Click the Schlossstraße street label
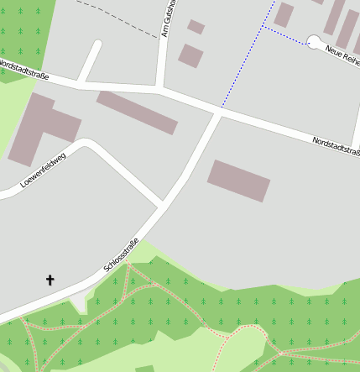click(x=122, y=255)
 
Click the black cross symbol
click(x=50, y=279)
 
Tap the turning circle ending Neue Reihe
click(x=315, y=40)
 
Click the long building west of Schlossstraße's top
click(x=137, y=112)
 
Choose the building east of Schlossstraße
click(x=239, y=180)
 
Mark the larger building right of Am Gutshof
click(x=191, y=55)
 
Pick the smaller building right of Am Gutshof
click(x=196, y=27)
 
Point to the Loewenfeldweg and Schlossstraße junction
click(x=161, y=204)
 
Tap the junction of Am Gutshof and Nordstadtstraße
click(x=160, y=87)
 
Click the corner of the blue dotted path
click(x=263, y=27)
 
